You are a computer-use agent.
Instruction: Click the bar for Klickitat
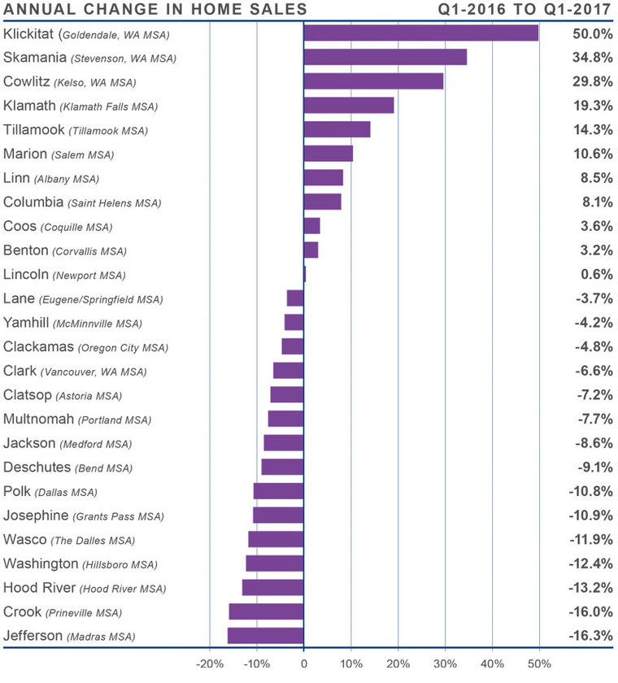[x=420, y=33]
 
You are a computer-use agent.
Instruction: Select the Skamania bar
[x=385, y=57]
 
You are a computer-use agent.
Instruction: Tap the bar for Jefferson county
[x=265, y=636]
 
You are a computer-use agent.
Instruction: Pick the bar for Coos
[x=311, y=226]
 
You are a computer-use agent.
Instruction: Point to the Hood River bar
[x=272, y=588]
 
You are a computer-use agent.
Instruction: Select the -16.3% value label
[x=590, y=636]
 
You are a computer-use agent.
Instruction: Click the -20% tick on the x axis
[x=209, y=663]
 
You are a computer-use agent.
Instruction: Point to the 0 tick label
[x=303, y=663]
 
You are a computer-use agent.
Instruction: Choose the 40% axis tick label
[x=492, y=663]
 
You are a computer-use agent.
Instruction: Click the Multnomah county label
[x=39, y=420]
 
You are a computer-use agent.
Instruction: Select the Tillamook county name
[x=34, y=130]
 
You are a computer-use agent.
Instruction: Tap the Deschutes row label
[x=37, y=468]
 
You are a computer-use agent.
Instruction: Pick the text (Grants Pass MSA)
[x=118, y=516]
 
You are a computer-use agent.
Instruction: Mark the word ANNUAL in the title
[x=35, y=10]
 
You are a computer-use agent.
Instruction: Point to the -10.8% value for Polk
[x=590, y=491]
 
